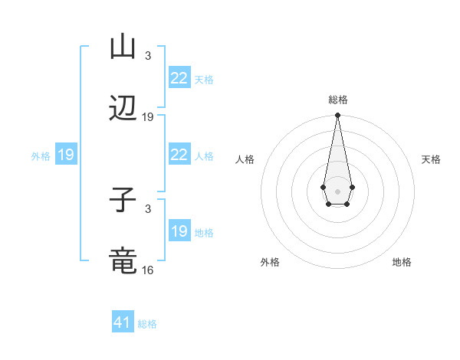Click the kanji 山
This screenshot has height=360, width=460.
point(123,47)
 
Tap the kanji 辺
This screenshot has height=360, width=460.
point(123,110)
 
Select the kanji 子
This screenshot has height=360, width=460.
point(123,201)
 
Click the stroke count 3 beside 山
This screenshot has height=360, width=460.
point(148,55)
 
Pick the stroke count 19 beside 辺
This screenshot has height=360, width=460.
point(148,117)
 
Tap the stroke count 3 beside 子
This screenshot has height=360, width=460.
point(148,208)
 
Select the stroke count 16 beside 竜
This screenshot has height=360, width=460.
point(148,270)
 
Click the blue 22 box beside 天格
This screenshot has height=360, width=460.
point(179,77)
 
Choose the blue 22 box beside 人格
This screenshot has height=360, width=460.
point(179,155)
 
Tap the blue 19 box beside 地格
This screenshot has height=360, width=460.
point(179,231)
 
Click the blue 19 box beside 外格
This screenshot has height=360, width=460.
point(65,155)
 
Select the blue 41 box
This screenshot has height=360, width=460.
point(123,322)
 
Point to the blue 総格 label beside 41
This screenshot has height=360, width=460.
point(147,324)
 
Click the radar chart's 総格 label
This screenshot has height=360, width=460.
point(337,100)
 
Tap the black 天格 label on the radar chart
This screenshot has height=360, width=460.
point(431,159)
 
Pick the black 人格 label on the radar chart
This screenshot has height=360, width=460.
point(245,159)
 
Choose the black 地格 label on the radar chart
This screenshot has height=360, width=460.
point(402,262)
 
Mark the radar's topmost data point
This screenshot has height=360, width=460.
point(337,116)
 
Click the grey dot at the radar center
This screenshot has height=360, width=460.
point(337,190)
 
